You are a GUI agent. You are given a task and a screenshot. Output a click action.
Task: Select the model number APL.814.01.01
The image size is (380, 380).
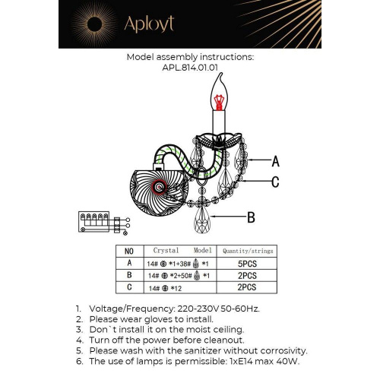(189, 66)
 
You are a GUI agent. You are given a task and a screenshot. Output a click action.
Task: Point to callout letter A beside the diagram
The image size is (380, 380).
(275, 160)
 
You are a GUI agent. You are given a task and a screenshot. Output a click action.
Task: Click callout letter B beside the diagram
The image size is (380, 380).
(251, 217)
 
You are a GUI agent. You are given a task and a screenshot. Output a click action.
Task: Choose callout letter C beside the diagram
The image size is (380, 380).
(275, 182)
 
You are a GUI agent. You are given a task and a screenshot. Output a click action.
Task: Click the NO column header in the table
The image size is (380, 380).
(128, 250)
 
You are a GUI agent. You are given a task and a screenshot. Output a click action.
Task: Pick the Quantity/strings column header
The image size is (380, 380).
(247, 250)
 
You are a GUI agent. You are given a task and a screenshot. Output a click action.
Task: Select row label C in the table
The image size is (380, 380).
(128, 287)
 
